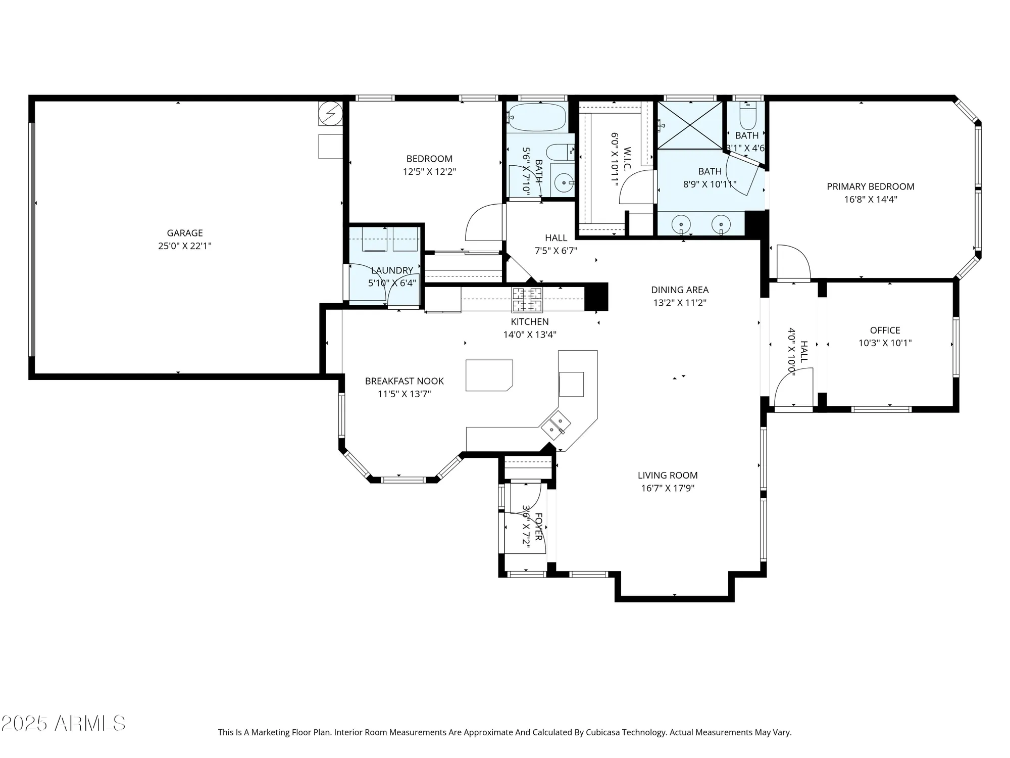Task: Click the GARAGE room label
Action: click(x=185, y=233)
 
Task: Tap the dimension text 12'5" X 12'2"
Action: click(x=429, y=172)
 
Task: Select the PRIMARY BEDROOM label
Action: click(x=870, y=186)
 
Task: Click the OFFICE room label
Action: click(x=885, y=330)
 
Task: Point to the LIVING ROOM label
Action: click(x=667, y=475)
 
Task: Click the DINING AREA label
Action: click(x=679, y=290)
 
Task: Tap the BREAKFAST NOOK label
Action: click(x=404, y=381)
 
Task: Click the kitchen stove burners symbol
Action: click(x=527, y=300)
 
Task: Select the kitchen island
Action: click(x=488, y=375)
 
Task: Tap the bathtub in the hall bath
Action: click(x=537, y=117)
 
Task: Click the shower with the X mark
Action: click(x=690, y=125)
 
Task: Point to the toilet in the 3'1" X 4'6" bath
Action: click(x=747, y=117)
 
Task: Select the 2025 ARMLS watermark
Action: click(x=63, y=724)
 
